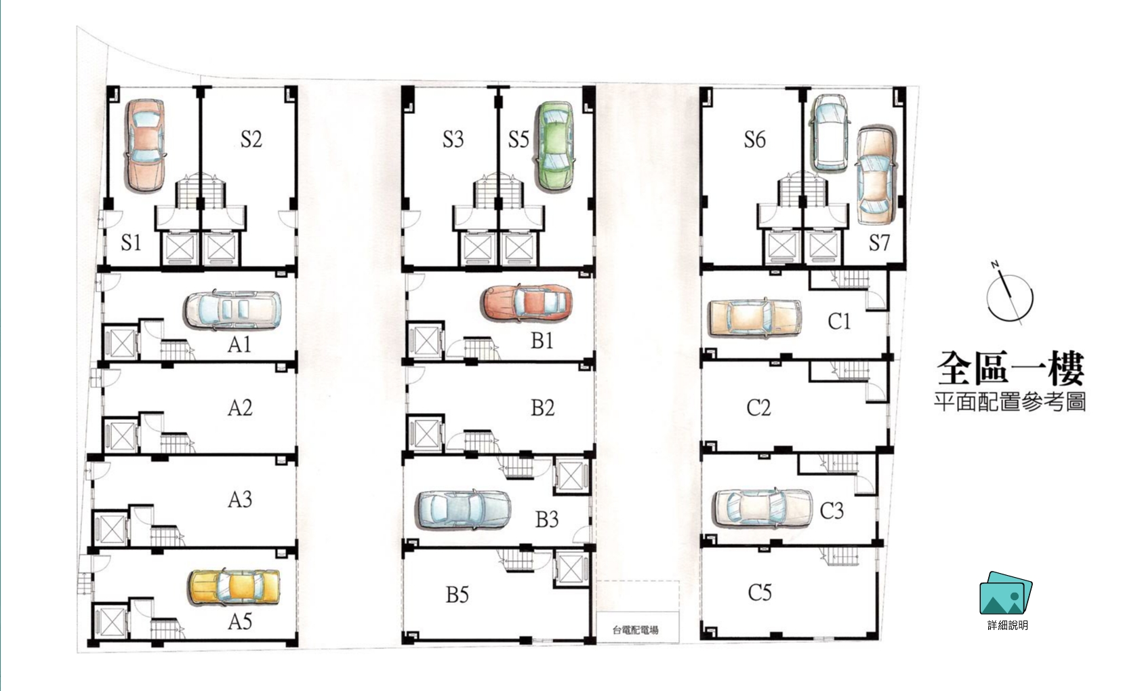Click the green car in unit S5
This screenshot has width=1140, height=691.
tap(554, 146)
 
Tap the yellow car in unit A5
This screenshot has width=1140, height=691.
tap(235, 587)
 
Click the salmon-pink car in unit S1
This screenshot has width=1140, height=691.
tap(145, 146)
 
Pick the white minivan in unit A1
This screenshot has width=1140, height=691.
tap(232, 310)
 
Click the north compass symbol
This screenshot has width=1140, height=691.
tap(1010, 294)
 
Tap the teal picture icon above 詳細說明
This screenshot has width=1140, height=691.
tap(1006, 593)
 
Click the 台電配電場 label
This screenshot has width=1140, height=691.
tap(635, 631)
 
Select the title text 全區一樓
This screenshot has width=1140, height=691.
tap(1011, 368)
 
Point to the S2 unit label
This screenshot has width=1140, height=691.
tap(251, 139)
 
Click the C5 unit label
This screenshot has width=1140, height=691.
tap(760, 592)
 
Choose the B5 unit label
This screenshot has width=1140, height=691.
tap(457, 595)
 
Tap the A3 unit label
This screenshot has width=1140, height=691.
tap(240, 500)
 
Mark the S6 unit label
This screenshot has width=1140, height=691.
tap(755, 139)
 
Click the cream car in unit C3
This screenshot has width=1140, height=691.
tap(762, 508)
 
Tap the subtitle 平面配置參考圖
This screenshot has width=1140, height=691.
tap(1011, 401)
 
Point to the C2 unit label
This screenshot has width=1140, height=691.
tap(758, 408)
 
